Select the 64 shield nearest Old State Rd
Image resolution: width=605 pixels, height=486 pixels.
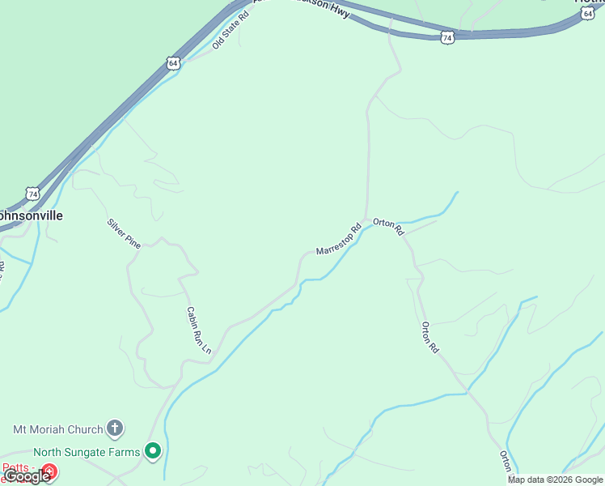173,63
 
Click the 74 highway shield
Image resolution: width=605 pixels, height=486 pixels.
32,194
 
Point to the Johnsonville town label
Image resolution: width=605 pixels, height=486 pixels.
29,216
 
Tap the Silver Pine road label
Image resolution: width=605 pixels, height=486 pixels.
124,233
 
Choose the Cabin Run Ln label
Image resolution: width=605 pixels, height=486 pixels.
198,330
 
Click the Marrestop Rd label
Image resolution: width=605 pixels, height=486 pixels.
338,240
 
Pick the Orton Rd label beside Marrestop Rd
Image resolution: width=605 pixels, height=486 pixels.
388,228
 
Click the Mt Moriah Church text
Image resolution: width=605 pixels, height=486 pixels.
58,429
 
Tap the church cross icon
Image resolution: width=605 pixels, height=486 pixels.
115,428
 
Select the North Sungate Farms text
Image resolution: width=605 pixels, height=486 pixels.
87,452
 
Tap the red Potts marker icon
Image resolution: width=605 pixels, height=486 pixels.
49,470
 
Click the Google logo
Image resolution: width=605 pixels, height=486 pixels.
27,476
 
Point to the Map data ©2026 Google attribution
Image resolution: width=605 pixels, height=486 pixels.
555,480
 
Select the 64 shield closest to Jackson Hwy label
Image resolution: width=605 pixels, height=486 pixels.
447,37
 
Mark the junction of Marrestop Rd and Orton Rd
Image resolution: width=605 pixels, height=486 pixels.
369,220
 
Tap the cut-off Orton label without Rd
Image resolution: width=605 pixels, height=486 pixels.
506,461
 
